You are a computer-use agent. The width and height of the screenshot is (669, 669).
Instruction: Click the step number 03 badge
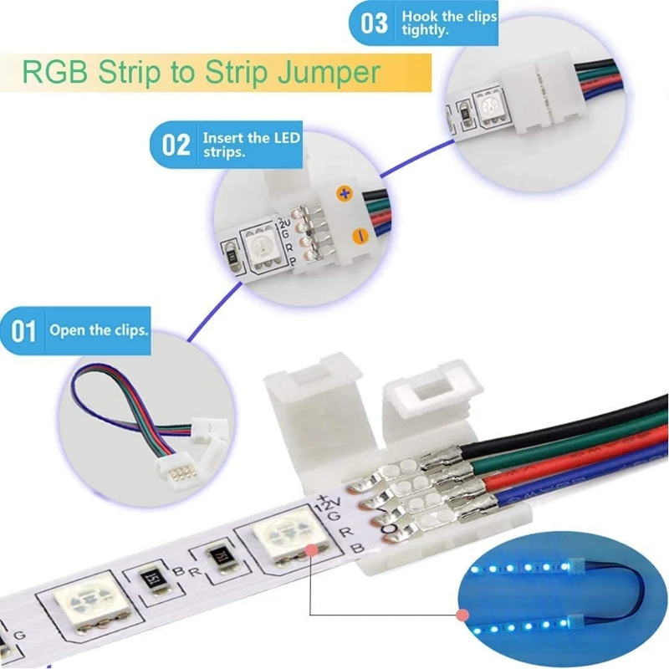(374, 23)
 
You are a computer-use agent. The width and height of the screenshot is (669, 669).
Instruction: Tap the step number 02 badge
(175, 145)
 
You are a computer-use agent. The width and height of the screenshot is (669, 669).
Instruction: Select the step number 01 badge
(23, 331)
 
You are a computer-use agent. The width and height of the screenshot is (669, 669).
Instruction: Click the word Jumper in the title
(330, 72)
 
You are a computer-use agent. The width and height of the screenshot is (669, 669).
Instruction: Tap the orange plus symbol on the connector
(343, 193)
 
